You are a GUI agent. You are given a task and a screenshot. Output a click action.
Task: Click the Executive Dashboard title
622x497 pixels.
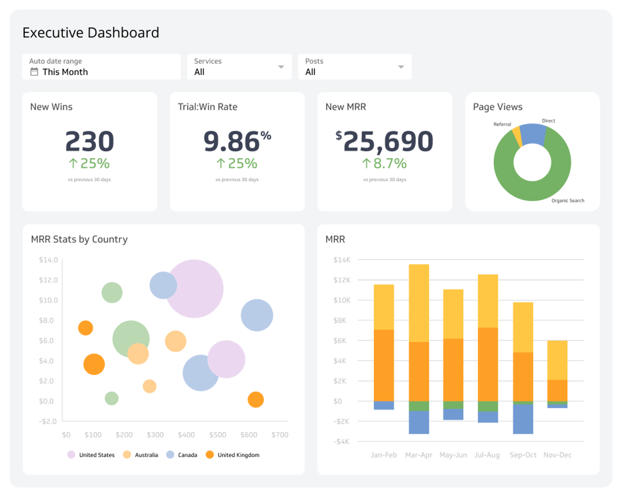point(91,33)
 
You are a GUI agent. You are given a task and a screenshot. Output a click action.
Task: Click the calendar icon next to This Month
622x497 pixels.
point(34,72)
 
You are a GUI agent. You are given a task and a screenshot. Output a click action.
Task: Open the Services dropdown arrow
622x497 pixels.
point(281,67)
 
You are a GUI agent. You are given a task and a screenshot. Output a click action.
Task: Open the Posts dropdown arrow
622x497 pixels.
point(401,67)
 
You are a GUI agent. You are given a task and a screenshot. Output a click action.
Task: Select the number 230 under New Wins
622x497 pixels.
point(90,141)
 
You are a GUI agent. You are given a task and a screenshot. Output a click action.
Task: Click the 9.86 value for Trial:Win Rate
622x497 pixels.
point(232,141)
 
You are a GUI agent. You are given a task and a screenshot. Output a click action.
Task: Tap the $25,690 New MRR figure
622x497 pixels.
point(385,141)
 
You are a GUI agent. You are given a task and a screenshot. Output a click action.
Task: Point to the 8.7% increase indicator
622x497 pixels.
point(384,163)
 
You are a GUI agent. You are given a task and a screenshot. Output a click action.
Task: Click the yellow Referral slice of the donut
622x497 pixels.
point(517,136)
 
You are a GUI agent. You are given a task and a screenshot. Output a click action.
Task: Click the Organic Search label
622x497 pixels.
point(568,201)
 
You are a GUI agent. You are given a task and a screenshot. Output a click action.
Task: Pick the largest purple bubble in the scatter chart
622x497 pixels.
point(194,289)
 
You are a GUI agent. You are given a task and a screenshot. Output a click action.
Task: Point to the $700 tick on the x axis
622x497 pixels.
point(280,435)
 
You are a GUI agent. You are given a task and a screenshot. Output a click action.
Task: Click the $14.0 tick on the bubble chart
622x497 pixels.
point(48,260)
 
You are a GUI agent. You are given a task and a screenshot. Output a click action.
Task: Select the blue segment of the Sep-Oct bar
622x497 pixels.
point(523,419)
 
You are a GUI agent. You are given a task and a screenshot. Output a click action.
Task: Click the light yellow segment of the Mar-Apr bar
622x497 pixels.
point(419,303)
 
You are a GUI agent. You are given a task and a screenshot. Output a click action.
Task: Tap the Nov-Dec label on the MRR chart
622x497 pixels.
point(557,455)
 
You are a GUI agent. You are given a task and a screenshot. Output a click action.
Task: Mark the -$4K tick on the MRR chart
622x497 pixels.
point(341,442)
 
